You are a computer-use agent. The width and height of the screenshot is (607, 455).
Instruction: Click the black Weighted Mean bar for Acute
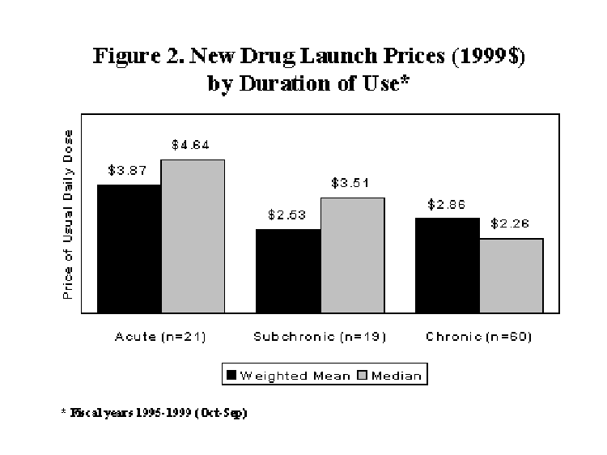coord(129,249)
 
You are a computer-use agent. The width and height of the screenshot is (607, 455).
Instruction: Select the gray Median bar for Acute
coord(193,236)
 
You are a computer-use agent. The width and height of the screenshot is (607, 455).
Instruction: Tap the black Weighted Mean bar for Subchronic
coord(288,270)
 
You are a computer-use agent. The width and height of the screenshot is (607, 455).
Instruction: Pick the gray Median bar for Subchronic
coord(352,255)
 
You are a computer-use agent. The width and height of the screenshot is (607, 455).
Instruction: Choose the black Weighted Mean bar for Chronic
coord(447,265)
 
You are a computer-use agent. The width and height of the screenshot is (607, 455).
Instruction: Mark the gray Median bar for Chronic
coord(511,275)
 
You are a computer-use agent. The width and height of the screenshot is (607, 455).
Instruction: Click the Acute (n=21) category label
coord(160,336)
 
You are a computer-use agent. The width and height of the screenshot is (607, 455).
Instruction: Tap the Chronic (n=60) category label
coord(479,336)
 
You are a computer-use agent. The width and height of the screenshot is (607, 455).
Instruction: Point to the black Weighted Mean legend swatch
coord(231,375)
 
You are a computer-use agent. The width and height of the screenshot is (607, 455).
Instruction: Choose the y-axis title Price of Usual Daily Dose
coord(68,215)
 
